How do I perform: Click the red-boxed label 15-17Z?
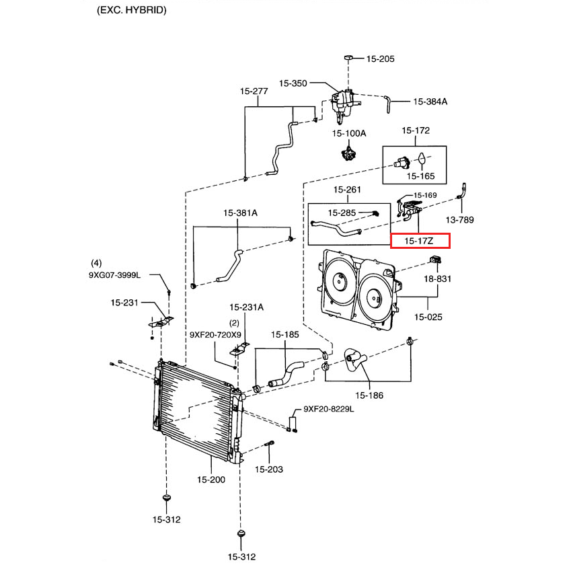(x=420, y=240)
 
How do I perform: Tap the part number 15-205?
(x=380, y=59)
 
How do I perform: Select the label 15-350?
(x=293, y=83)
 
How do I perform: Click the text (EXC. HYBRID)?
(x=132, y=11)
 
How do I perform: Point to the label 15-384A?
(x=430, y=102)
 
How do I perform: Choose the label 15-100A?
(x=348, y=133)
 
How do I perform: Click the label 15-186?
(x=369, y=395)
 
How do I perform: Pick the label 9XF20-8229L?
(x=328, y=408)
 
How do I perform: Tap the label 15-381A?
(x=240, y=213)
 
